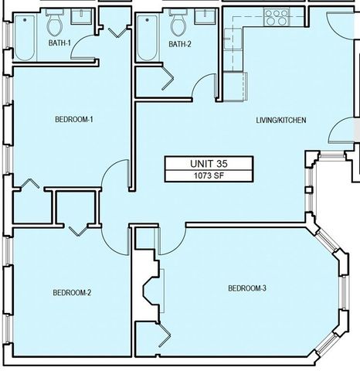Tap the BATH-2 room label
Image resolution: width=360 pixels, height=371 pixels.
(179, 44)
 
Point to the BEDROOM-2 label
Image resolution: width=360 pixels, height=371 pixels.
(72, 292)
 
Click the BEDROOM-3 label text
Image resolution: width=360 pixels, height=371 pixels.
(247, 288)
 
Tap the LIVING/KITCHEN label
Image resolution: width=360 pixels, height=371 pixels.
(282, 121)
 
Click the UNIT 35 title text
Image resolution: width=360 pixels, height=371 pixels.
(207, 164)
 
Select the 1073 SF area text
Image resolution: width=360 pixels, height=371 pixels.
(207, 175)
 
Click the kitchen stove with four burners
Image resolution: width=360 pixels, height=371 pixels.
(274, 15)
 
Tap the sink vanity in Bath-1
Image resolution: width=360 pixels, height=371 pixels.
(80, 17)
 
